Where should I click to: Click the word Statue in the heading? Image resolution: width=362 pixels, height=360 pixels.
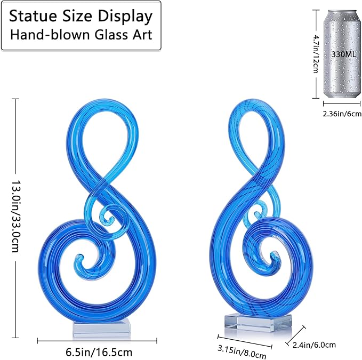[x=33, y=16]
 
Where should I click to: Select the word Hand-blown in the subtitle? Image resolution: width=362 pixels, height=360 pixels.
[x=50, y=35]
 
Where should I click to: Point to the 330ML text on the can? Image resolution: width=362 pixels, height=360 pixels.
[x=344, y=54]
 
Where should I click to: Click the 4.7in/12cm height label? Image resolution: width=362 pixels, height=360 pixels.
[x=316, y=54]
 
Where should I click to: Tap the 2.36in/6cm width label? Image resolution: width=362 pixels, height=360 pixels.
[x=342, y=114]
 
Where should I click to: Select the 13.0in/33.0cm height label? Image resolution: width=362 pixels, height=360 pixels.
[x=15, y=217]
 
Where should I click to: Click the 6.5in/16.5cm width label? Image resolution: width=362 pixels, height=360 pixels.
[x=99, y=353]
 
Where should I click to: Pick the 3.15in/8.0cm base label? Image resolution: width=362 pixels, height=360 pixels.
[x=242, y=351]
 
